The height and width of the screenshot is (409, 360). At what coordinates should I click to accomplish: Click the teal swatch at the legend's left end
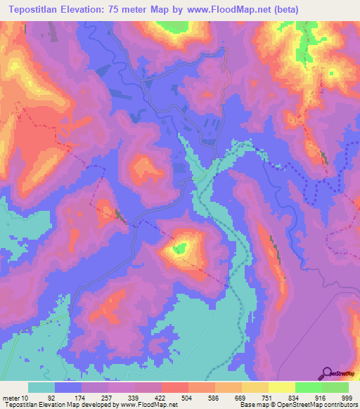[41, 387]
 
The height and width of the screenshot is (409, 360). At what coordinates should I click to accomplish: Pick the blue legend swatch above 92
[68, 387]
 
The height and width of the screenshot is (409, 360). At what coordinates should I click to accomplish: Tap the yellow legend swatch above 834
[281, 387]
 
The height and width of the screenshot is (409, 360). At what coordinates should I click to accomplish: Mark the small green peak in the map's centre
[181, 247]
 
